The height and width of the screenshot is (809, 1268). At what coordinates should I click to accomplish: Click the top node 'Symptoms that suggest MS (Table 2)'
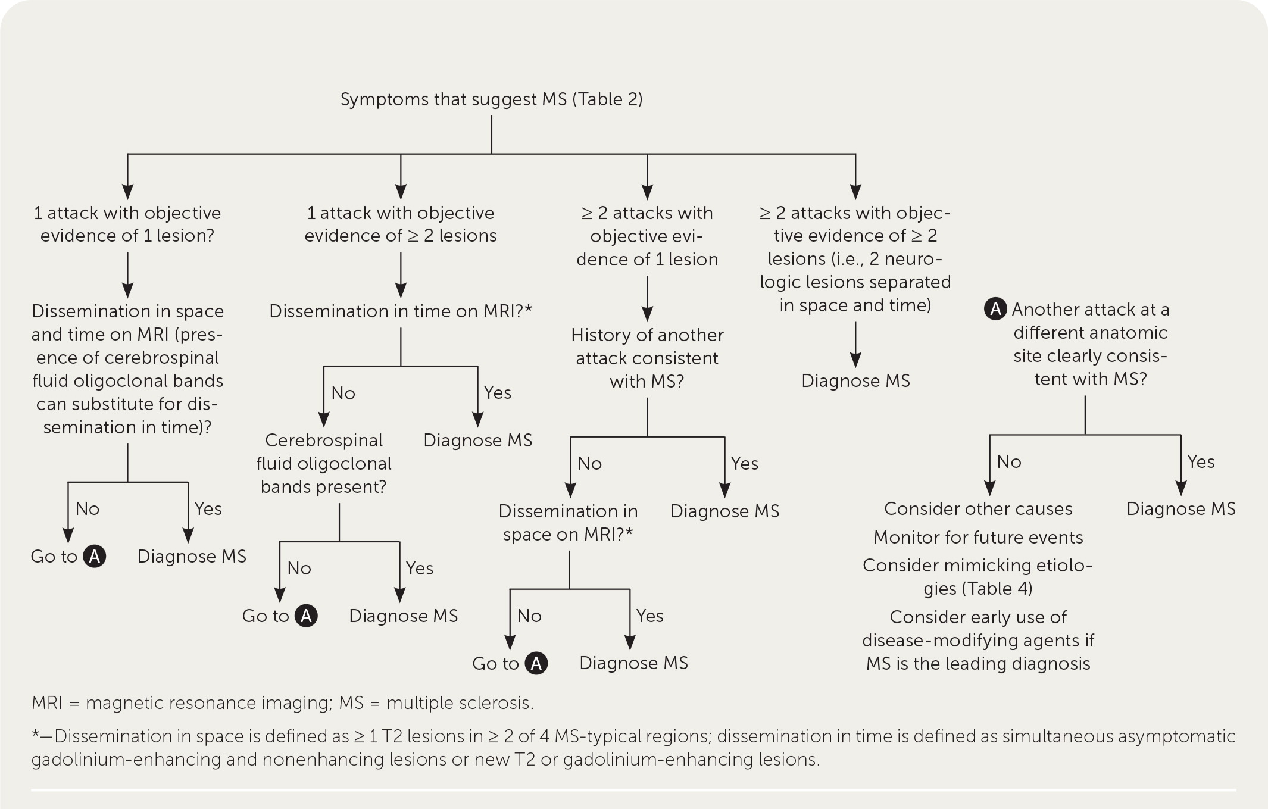click(491, 99)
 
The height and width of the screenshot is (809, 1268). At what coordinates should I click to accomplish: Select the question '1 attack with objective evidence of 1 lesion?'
click(127, 224)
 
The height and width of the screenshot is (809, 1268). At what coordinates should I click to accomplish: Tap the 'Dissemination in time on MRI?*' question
click(400, 311)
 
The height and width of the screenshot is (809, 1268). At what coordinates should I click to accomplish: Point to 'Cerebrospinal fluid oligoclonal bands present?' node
click(323, 463)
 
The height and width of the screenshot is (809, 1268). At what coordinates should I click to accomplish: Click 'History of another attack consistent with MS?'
click(647, 358)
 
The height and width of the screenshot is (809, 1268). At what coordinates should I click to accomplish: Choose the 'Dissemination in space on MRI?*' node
click(568, 522)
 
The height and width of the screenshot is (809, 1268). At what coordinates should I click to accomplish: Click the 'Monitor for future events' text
click(978, 537)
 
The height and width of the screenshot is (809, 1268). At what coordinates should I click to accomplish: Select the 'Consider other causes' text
click(978, 508)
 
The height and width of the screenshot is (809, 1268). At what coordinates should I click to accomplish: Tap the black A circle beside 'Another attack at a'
click(995, 310)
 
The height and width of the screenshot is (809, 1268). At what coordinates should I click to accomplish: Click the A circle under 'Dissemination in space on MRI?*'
click(536, 663)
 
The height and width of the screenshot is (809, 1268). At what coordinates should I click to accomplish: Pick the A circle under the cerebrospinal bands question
click(306, 616)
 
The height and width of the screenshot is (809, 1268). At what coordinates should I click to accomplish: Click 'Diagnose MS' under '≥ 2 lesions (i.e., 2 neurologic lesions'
click(855, 381)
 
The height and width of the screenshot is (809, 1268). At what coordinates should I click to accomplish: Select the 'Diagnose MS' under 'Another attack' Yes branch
click(1180, 508)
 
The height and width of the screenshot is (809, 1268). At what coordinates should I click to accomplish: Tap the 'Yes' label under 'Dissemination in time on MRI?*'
click(497, 393)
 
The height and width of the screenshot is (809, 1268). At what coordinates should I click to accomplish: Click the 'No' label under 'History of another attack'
click(589, 463)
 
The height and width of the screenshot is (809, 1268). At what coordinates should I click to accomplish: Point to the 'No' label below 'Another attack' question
click(1009, 461)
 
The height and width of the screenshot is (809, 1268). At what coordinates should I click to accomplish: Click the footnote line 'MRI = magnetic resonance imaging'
click(283, 703)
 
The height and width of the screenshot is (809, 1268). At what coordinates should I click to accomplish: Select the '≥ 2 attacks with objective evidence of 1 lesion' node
click(647, 236)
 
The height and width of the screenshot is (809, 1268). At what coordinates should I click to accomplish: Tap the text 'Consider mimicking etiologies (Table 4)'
click(977, 576)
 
